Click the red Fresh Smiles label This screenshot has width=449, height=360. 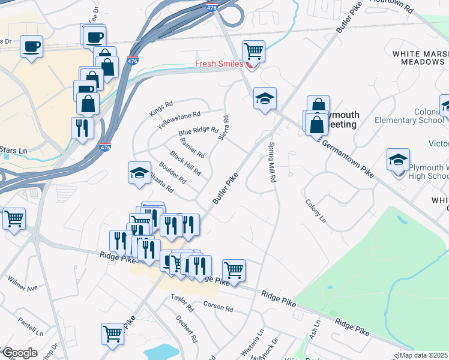coord(218,64)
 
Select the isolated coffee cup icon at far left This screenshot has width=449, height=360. coord(31,46)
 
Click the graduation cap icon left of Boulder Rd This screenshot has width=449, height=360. coord(139,173)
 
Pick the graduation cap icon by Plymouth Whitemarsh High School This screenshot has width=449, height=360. coord(397,160)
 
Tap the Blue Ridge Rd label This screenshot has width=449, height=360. coord(198,130)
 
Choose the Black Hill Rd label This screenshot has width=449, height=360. coord(185,164)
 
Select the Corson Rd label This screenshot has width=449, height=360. coord(218,307)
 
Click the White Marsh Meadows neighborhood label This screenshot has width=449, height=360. coord(418,58)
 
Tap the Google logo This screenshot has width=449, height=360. coord(20,353)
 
